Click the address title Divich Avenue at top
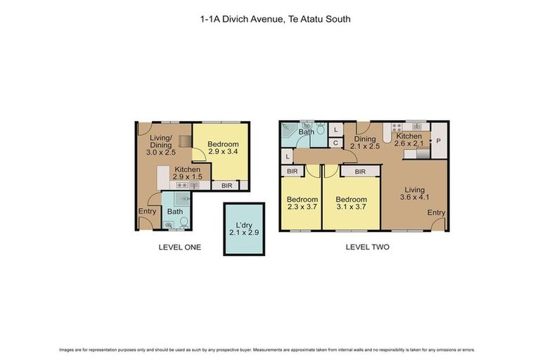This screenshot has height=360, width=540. tap(275, 20)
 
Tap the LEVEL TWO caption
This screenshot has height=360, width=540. tap(367, 247)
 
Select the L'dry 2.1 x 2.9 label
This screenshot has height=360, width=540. tap(243, 229)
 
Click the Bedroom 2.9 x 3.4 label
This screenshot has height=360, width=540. tap(223, 148)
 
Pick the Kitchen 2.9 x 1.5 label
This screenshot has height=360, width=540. tap(188, 174)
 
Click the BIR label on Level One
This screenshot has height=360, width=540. tap(226, 186)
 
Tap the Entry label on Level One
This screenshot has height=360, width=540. tap(148, 211)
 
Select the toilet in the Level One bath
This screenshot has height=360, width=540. tap(184, 222)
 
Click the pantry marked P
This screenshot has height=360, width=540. tap(438, 141)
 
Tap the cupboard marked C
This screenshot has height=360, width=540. tap(335, 143)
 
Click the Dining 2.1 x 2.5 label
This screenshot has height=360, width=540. tap(365, 143)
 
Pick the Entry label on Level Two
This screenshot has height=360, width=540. tap(436, 212)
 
